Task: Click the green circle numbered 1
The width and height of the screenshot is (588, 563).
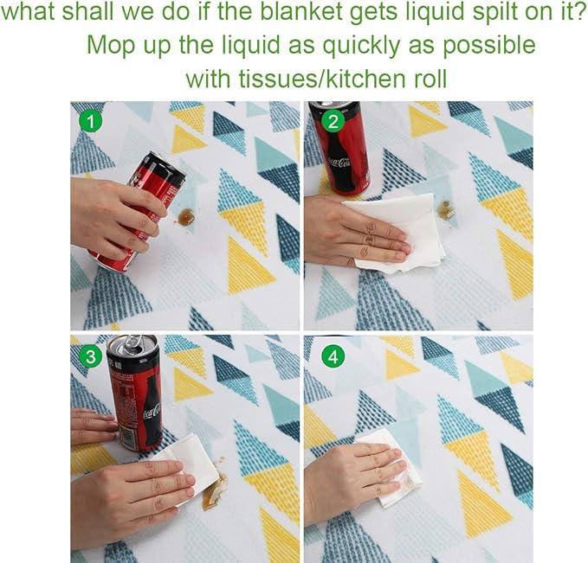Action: [91, 121]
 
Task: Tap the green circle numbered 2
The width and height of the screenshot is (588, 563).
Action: [333, 122]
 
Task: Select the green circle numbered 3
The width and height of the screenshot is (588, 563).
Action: [91, 356]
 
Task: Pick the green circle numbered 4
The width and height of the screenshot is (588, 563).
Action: [333, 357]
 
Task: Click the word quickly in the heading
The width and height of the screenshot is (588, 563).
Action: [361, 46]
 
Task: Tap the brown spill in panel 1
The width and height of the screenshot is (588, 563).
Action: [185, 216]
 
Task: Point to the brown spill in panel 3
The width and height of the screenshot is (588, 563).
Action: [214, 487]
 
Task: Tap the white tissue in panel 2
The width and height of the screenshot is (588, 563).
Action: [397, 233]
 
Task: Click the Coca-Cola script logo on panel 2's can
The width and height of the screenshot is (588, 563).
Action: [339, 163]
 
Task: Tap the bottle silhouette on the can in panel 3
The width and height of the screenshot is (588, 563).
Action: [153, 412]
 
